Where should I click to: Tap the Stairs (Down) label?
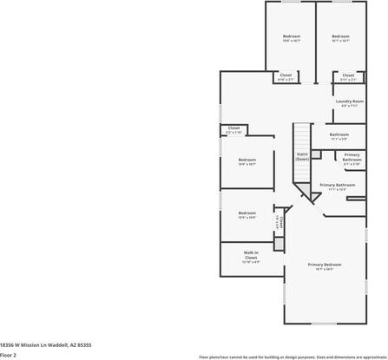pos(302,157)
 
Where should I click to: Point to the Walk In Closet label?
pos(251,255)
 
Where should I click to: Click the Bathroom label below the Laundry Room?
pos(339,134)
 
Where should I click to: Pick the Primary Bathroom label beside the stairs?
pos(352,158)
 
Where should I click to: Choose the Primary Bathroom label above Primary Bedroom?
pos(338,185)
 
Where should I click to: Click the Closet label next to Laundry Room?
pos(348,75)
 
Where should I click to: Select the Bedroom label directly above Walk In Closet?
pos(247,213)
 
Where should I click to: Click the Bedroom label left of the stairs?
pos(247,160)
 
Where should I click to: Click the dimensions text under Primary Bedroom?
pos(325,270)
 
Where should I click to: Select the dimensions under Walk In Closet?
pos(251,263)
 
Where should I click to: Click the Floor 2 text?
pos(9,355)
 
